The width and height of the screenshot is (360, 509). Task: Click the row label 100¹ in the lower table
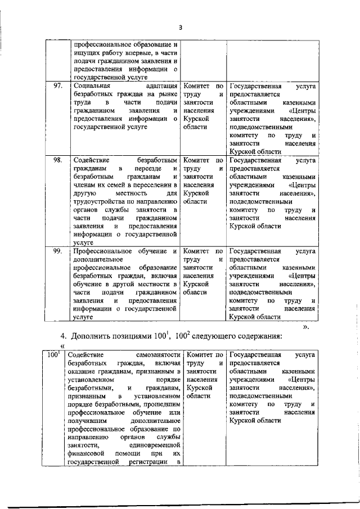point(53,355)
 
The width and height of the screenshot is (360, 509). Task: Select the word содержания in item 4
point(261,336)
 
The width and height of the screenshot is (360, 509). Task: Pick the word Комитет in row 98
point(197,160)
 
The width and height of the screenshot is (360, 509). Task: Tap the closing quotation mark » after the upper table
point(306,325)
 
